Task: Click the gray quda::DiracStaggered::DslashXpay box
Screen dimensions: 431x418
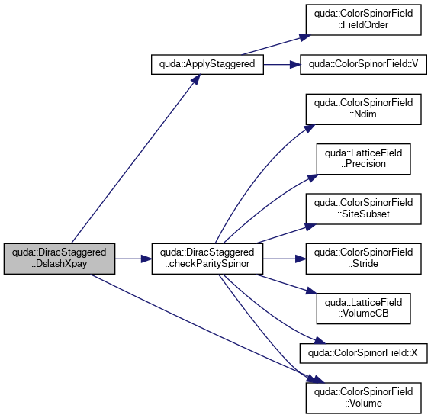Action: pos(60,259)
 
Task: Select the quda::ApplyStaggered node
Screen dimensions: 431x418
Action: pos(207,65)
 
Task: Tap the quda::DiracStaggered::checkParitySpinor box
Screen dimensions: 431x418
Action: pos(207,259)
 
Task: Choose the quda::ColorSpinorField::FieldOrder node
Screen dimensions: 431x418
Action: pos(363,20)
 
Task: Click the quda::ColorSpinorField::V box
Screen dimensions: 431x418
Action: pos(363,65)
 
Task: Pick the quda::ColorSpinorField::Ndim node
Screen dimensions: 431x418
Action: pos(363,109)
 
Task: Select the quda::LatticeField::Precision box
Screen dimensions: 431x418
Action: pos(363,159)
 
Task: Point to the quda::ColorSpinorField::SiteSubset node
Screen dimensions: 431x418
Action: pos(363,209)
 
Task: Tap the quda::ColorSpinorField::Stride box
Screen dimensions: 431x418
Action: pos(363,259)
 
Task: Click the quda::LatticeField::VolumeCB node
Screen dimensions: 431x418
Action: pos(363,308)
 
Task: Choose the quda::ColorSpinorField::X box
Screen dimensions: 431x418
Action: pos(363,353)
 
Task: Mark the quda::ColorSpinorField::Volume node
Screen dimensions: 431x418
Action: pos(363,398)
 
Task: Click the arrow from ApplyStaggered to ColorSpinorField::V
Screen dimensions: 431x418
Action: pos(281,65)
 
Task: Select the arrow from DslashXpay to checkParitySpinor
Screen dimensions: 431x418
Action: pos(133,259)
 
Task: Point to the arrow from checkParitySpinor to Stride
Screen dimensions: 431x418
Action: pos(285,259)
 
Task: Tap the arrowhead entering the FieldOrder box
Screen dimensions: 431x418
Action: pos(304,37)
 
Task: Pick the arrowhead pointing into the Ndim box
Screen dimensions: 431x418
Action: pos(310,128)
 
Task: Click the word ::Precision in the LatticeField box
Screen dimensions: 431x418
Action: pos(363,164)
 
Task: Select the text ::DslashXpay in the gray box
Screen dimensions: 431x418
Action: pos(59,264)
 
